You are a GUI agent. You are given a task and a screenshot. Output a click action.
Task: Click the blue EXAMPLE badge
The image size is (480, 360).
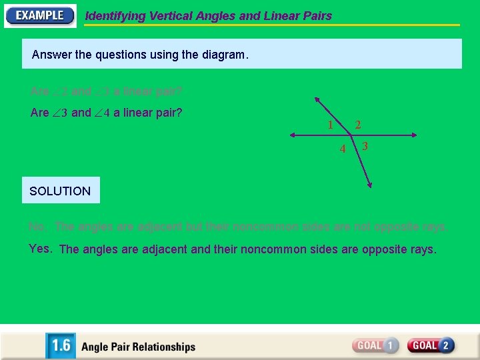(x=40, y=15)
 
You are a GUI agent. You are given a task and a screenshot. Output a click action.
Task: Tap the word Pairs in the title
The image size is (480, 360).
(x=315, y=16)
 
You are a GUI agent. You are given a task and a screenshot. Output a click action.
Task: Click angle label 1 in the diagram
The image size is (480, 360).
(x=330, y=125)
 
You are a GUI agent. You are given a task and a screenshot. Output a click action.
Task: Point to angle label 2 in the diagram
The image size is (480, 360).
(x=358, y=125)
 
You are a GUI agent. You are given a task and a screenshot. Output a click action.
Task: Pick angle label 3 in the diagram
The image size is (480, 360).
(x=365, y=145)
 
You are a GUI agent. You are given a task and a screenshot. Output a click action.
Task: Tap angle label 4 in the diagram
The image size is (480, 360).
(x=343, y=149)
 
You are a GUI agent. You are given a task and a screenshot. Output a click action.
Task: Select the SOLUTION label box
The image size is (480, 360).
(x=61, y=191)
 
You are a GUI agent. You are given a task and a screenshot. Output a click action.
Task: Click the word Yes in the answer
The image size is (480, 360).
(x=40, y=249)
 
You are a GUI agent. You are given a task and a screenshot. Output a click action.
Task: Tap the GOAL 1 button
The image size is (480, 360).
(x=375, y=345)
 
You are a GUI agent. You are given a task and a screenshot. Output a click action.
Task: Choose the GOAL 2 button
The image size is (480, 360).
(x=431, y=345)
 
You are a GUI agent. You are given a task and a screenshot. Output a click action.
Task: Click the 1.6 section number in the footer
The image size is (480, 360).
(x=61, y=346)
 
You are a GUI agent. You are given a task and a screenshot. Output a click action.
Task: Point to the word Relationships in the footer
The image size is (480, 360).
(x=164, y=347)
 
